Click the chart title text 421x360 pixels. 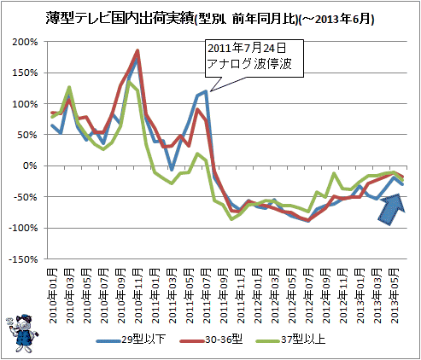tap(210, 19)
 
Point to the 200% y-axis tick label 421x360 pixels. tap(25, 42)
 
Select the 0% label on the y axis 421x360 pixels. tap(30, 165)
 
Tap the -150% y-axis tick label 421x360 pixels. tap(23, 259)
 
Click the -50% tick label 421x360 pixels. tap(26, 197)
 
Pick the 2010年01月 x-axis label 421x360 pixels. tap(53, 296)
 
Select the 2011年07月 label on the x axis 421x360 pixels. tap(207, 296)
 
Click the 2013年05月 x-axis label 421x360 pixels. tap(395, 296)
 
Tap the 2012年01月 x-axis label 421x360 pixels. tap(258, 296)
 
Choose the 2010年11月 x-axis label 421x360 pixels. tap(138, 296)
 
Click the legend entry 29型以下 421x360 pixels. tap(132, 340)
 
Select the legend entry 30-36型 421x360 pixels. tap(212, 340)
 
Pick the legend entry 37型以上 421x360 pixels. tap(290, 340)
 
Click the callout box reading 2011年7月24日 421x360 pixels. tap(254, 58)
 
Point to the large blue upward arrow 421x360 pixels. tap(392, 209)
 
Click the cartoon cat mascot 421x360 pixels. tap(22, 334)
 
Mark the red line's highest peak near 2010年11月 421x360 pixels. tap(137, 50)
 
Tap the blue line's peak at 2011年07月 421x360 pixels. tap(206, 91)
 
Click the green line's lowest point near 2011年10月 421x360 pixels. tap(231, 218)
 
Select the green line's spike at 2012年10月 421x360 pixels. tap(334, 173)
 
